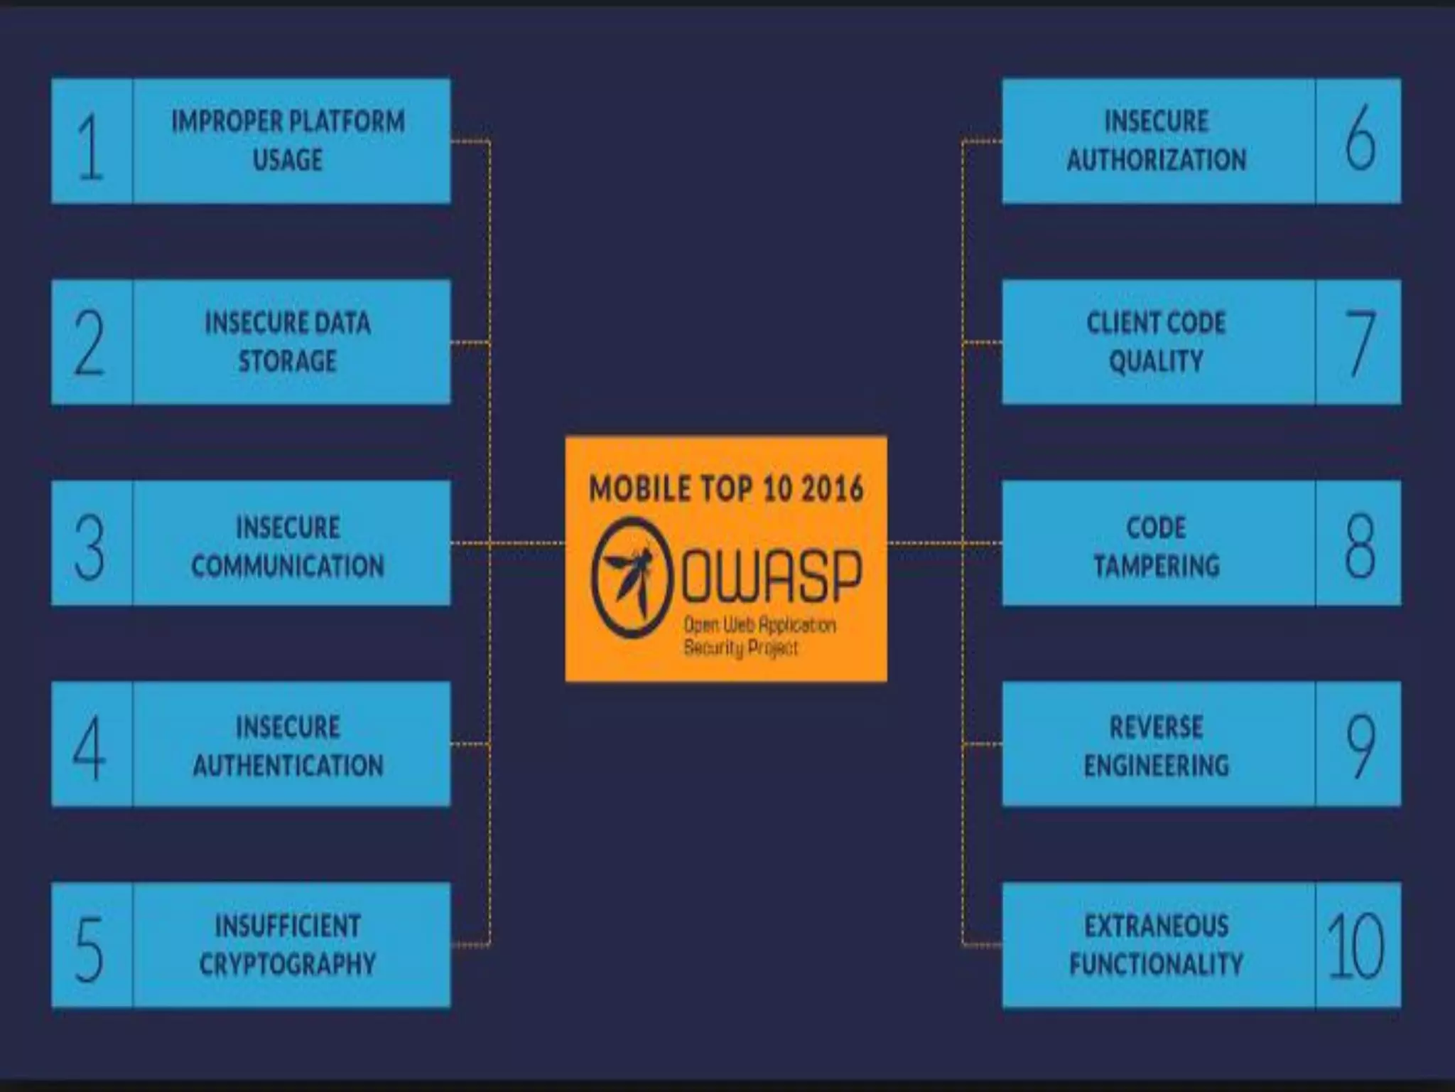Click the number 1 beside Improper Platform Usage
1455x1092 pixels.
pyautogui.click(x=90, y=147)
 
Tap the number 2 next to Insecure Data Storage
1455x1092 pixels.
pyautogui.click(x=90, y=343)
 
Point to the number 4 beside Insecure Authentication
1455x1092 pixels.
pyautogui.click(x=90, y=747)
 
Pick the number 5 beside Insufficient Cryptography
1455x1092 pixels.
pyautogui.click(x=90, y=948)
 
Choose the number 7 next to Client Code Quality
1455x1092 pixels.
pyautogui.click(x=1360, y=343)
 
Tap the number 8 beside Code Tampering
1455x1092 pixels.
pyautogui.click(x=1360, y=546)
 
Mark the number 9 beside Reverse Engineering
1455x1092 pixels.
pyautogui.click(x=1360, y=746)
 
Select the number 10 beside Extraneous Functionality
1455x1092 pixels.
pyautogui.click(x=1356, y=946)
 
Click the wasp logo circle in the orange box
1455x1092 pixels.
pyautogui.click(x=632, y=577)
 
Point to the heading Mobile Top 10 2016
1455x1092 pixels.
pyautogui.click(x=726, y=489)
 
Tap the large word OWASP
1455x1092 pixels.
pyautogui.click(x=772, y=575)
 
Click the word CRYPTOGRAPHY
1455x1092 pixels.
pyautogui.click(x=288, y=964)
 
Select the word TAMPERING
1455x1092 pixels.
pyautogui.click(x=1156, y=566)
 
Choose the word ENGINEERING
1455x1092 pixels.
pyautogui.click(x=1156, y=766)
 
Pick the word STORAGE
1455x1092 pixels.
pyautogui.click(x=288, y=361)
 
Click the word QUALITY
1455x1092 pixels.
pyautogui.click(x=1156, y=361)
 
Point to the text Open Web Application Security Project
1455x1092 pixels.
pyautogui.click(x=759, y=636)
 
